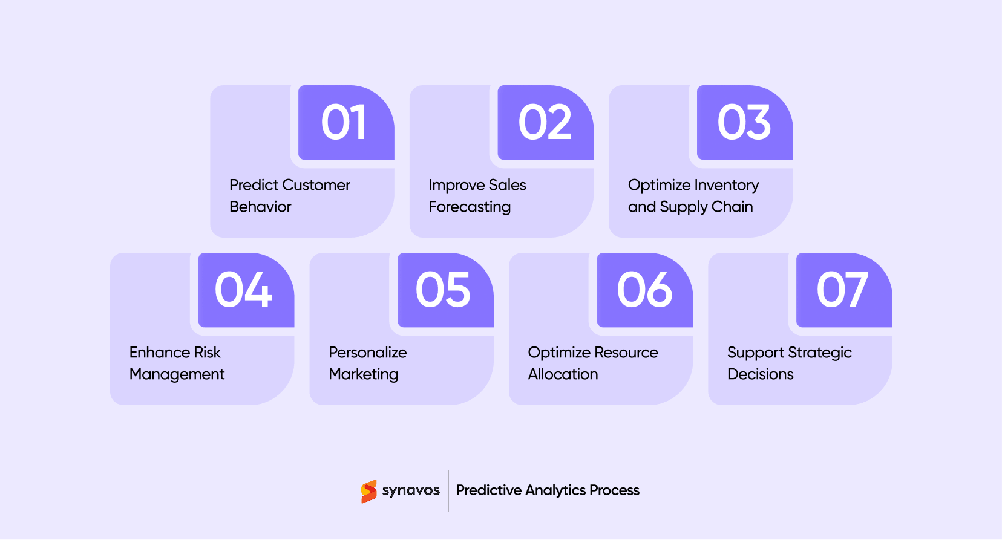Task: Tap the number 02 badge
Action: (545, 123)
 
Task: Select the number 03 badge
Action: (744, 123)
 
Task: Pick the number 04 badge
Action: (246, 290)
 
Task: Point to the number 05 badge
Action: (445, 290)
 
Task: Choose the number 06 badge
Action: (644, 290)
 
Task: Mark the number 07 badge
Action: (843, 290)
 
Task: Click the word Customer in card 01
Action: (316, 185)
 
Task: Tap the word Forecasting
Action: (470, 207)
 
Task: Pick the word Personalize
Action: (367, 353)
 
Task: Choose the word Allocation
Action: (563, 374)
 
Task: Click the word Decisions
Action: (760, 374)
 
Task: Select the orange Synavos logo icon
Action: (368, 491)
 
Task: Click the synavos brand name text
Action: (411, 490)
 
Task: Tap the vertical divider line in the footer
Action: (448, 491)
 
